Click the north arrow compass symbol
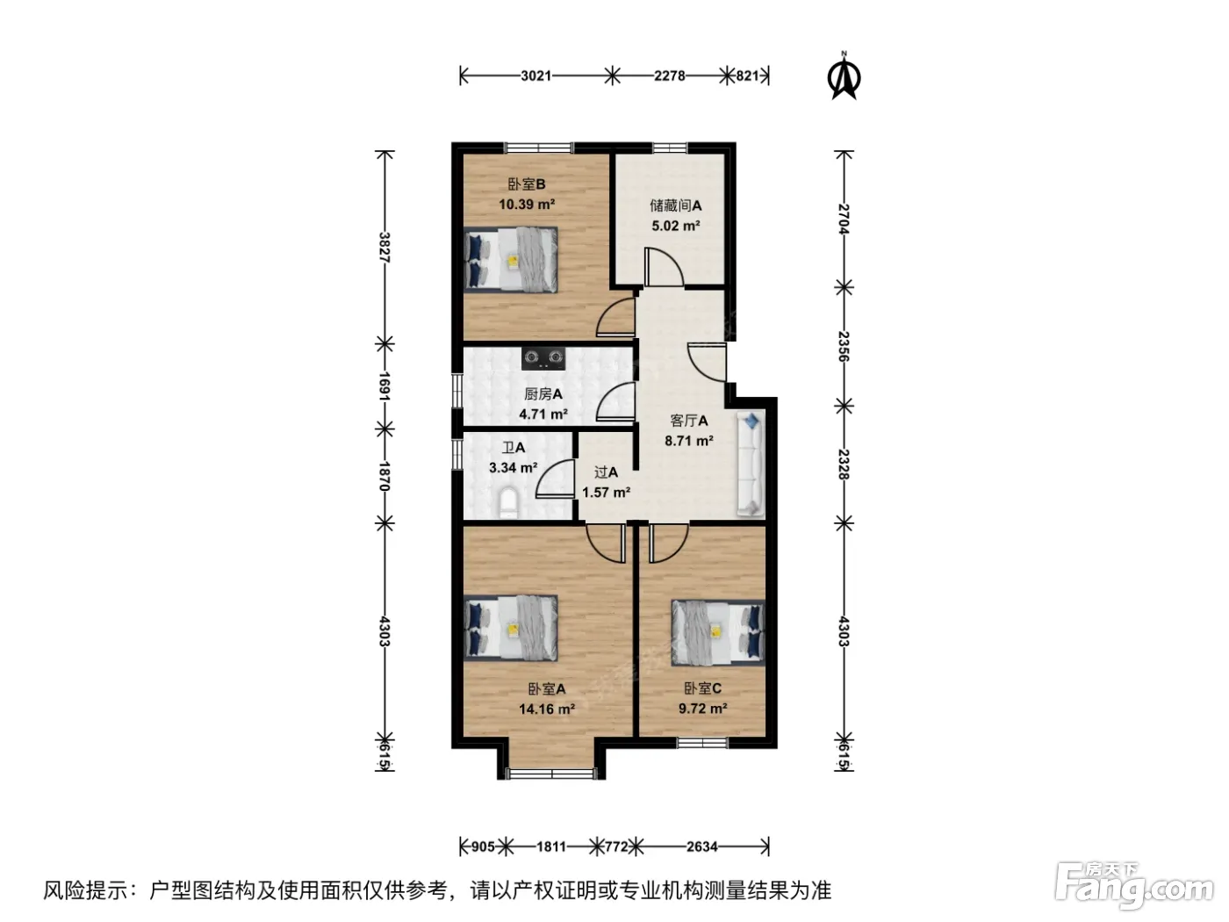click(844, 76)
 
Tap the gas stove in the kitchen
click(543, 359)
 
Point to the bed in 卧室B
click(511, 260)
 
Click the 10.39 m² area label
click(527, 205)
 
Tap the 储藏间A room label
click(676, 206)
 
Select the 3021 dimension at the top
click(535, 76)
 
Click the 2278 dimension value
click(670, 76)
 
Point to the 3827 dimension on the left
click(385, 248)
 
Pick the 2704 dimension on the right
click(844, 220)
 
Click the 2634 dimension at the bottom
click(702, 846)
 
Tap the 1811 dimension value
click(551, 846)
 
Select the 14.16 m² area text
click(547, 710)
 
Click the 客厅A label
click(689, 421)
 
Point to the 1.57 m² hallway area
click(607, 493)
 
